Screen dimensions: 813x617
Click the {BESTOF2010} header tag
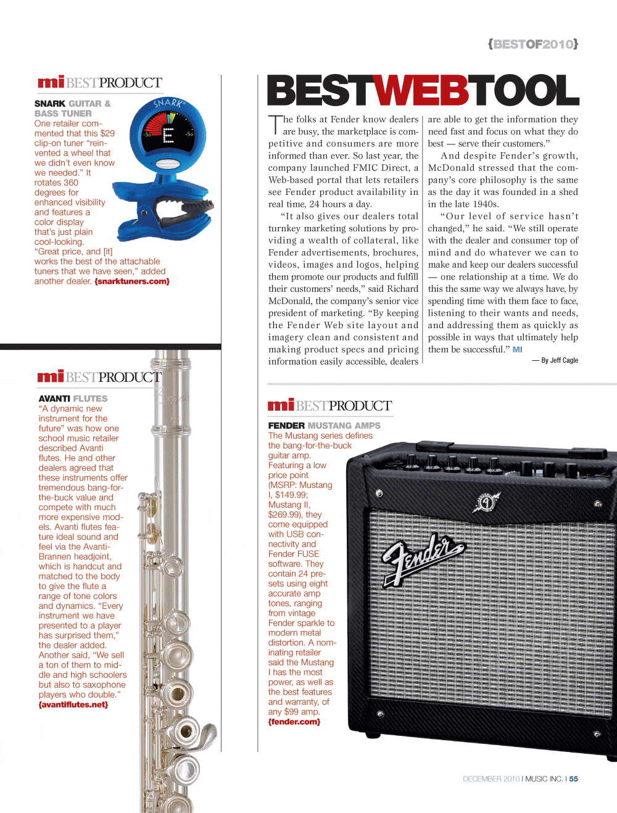click(532, 44)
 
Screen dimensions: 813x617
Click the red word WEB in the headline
click(421, 91)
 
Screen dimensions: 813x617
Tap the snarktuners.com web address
click(132, 281)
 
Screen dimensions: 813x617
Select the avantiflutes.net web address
click(73, 704)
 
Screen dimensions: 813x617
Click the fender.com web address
click(294, 722)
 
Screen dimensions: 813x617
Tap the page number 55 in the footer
click(574, 779)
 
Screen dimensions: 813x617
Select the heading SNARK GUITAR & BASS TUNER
click(72, 109)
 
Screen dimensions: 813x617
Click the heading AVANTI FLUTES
click(73, 398)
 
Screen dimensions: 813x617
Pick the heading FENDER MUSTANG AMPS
click(324, 426)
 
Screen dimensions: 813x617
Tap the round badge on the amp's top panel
click(487, 502)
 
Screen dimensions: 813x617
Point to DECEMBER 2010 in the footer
click(491, 779)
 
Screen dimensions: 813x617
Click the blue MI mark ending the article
click(517, 349)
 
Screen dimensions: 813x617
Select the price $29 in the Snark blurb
click(107, 133)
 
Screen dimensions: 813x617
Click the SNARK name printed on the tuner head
click(167, 102)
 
